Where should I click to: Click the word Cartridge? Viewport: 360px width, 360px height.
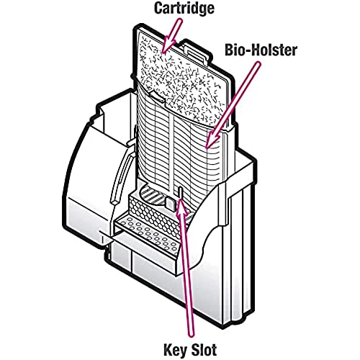click(184, 9)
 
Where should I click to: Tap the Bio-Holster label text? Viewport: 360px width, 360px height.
click(261, 50)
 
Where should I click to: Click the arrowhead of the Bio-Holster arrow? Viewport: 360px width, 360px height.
click(212, 140)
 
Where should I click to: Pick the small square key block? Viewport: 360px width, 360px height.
click(171, 203)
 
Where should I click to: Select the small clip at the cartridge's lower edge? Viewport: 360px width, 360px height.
click(157, 95)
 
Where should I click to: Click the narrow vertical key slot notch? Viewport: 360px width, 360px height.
click(180, 192)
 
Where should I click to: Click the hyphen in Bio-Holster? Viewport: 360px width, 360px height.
click(247, 51)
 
